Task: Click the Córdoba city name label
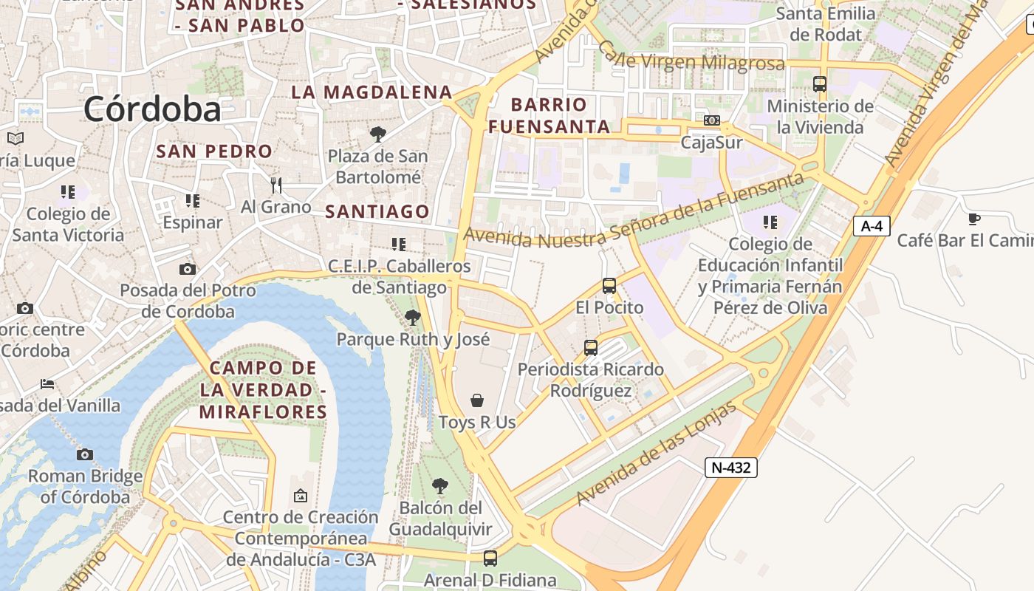click(x=152, y=109)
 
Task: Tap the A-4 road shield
click(x=872, y=225)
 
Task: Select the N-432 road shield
click(x=730, y=467)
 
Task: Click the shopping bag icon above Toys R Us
click(x=477, y=400)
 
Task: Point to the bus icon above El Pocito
click(x=609, y=285)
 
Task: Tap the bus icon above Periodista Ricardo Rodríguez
click(x=590, y=347)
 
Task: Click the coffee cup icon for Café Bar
click(x=974, y=219)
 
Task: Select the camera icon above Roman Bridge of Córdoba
click(x=85, y=454)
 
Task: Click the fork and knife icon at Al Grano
click(x=276, y=185)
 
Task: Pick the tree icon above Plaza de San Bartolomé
click(x=378, y=134)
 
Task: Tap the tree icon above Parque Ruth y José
click(x=413, y=318)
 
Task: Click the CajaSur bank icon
click(x=712, y=120)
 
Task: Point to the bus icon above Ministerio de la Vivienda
click(x=819, y=84)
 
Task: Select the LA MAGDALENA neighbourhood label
click(x=372, y=92)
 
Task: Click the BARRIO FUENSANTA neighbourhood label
click(x=549, y=115)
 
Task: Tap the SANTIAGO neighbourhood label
click(x=377, y=212)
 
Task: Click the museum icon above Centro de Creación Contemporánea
click(x=300, y=496)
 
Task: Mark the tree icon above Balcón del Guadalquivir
click(x=440, y=485)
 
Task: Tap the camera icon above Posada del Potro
click(x=188, y=269)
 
